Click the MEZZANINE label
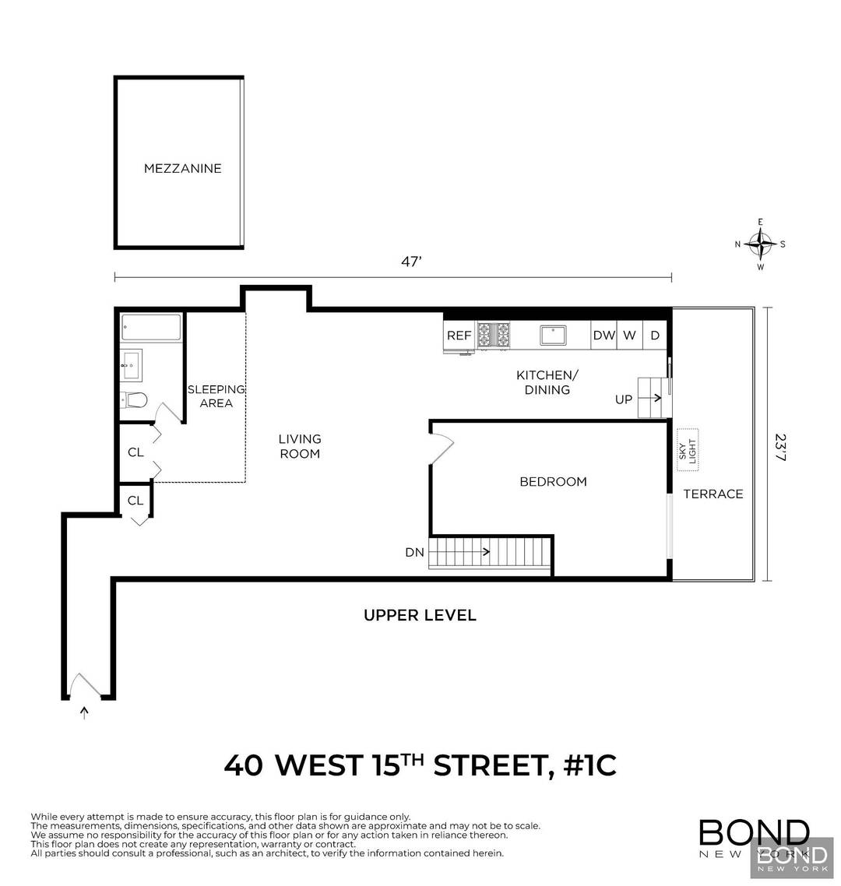[x=182, y=168]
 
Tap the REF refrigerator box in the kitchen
[x=459, y=336]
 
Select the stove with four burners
[x=494, y=336]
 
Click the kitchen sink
[x=554, y=336]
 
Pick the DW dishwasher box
[x=603, y=336]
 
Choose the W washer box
[x=630, y=336]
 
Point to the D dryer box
[x=655, y=336]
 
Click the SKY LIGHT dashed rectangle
[x=687, y=450]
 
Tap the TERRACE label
[x=713, y=494]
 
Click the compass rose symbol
[x=760, y=244]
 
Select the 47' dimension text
[x=412, y=262]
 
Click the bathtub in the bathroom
[x=152, y=327]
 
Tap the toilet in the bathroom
[x=135, y=400]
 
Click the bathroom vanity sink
[x=132, y=364]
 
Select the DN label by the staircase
[x=414, y=553]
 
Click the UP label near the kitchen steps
[x=624, y=399]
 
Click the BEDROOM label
[x=553, y=482]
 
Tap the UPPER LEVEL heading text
[x=420, y=616]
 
